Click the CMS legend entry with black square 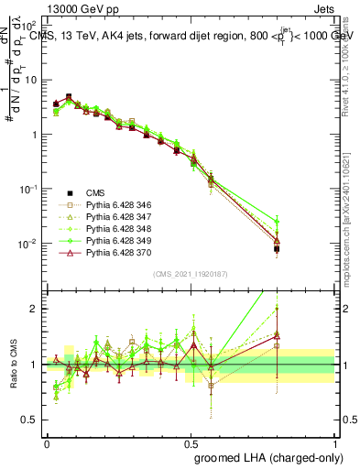click(x=95, y=193)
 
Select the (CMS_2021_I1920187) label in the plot click(x=190, y=273)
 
